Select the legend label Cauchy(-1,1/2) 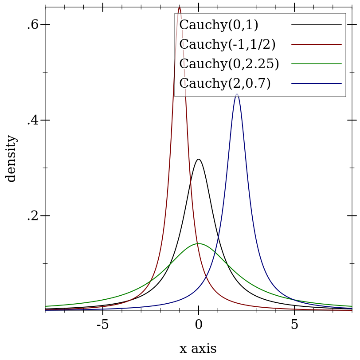227,44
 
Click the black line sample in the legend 316,25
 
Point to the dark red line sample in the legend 316,44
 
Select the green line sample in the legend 316,64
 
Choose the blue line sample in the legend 316,83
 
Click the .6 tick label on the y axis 32,24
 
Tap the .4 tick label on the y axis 32,120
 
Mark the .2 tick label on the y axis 32,216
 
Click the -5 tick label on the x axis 102,325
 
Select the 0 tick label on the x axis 199,325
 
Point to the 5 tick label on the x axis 294,325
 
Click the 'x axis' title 198,349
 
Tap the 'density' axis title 11,158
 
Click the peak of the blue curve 237,94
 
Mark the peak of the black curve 199,159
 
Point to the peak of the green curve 199,243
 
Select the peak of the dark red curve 179,7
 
